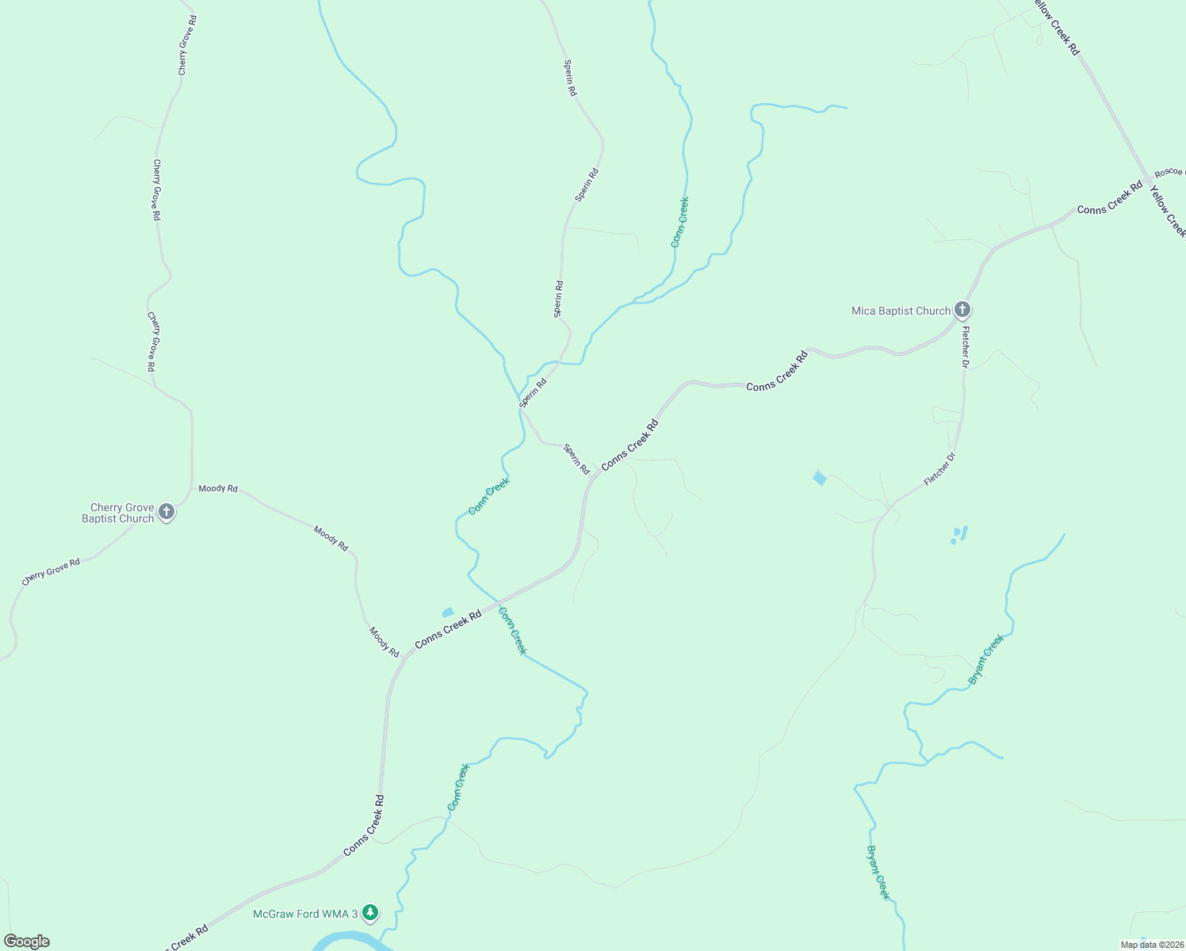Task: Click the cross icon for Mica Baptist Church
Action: click(x=962, y=310)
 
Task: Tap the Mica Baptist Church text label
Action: click(x=901, y=311)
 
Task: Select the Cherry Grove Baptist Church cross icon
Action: click(x=166, y=512)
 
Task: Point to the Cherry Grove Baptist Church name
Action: click(x=119, y=514)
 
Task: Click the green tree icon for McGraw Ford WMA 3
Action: click(x=369, y=913)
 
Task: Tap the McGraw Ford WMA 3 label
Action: click(x=305, y=915)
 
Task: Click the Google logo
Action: click(x=27, y=941)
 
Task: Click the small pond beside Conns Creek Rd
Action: click(x=448, y=612)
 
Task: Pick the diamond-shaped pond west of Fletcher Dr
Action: click(x=820, y=477)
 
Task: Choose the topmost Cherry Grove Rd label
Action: click(x=187, y=45)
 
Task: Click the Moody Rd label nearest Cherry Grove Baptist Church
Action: click(x=218, y=489)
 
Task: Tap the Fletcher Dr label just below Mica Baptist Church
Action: click(x=965, y=347)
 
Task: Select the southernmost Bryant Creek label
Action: click(x=878, y=873)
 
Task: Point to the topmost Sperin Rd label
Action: click(x=570, y=78)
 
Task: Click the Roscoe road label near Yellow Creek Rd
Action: click(x=1169, y=172)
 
